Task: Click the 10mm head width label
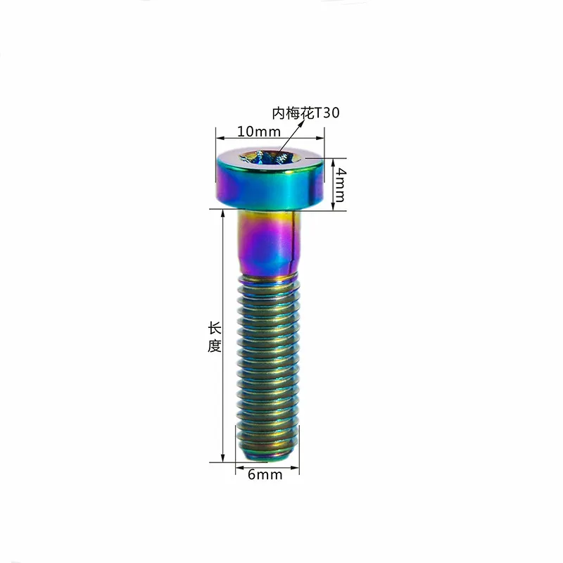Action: pyautogui.click(x=259, y=132)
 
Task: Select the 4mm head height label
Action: pyautogui.click(x=339, y=184)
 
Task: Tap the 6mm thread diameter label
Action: pyautogui.click(x=265, y=475)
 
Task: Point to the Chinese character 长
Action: pyautogui.click(x=215, y=329)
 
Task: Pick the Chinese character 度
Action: pyautogui.click(x=215, y=346)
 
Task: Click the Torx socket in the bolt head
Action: pyautogui.click(x=270, y=158)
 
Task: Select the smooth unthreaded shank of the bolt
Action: pyautogui.click(x=270, y=243)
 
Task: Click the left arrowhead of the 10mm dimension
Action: pyautogui.click(x=219, y=135)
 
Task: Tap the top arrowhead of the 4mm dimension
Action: pyautogui.click(x=331, y=161)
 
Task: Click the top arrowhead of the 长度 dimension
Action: pyautogui.click(x=224, y=213)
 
